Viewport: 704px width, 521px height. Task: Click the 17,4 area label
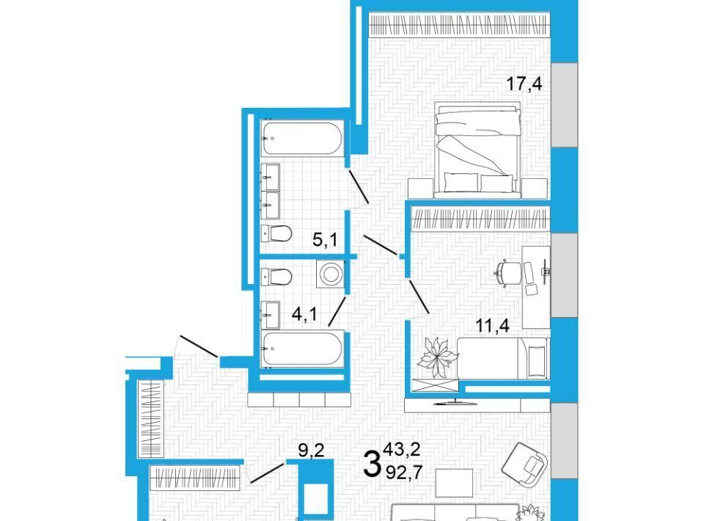pos(524,84)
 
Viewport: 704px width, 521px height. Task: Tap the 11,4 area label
pos(493,325)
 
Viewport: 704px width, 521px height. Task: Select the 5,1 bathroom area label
pos(325,240)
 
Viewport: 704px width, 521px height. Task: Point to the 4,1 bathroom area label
pos(304,314)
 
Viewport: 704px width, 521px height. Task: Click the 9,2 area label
pos(311,450)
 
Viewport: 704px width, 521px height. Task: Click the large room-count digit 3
pos(372,464)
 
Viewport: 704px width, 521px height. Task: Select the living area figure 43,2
pos(401,448)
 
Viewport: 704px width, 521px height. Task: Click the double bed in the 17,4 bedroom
pos(477,150)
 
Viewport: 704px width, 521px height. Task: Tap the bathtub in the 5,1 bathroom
pos(302,139)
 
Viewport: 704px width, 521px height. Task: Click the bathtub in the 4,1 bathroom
pos(302,349)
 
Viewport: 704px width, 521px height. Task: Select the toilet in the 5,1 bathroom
pos(276,233)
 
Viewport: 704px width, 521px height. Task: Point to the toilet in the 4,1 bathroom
pos(276,276)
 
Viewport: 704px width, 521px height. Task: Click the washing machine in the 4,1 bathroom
pos(331,274)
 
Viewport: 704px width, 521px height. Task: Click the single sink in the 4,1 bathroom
pos(271,314)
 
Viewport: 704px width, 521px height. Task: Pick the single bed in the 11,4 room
pos(503,358)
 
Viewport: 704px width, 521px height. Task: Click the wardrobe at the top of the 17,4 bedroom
pos(459,25)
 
